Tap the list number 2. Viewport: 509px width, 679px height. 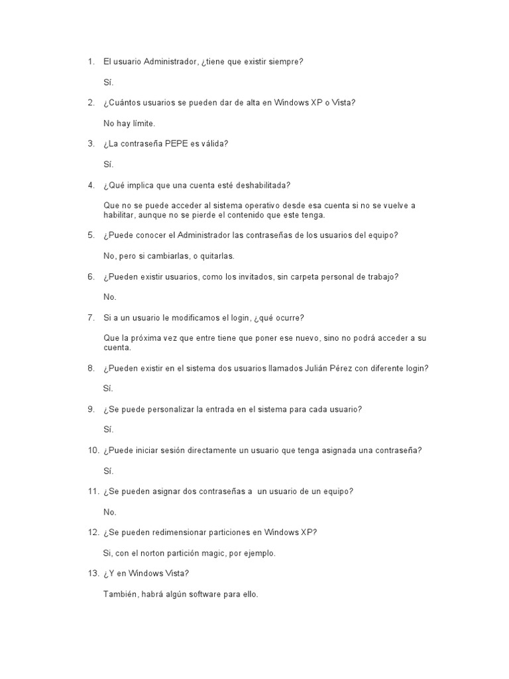[x=90, y=103]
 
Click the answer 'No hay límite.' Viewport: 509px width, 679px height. [x=129, y=123]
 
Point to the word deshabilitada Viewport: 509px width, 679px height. [x=260, y=185]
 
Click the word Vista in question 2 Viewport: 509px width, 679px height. [x=343, y=103]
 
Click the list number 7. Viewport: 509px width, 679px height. [x=90, y=318]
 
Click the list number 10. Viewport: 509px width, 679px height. [x=92, y=450]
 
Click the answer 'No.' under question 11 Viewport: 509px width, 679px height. [x=109, y=512]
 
